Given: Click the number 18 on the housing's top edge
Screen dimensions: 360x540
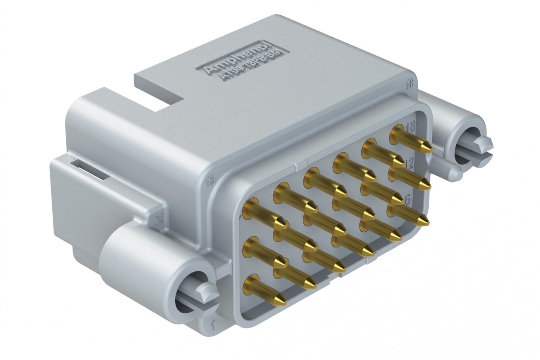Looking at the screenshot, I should (x=410, y=84).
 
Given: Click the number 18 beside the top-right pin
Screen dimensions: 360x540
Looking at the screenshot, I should (x=410, y=127).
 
